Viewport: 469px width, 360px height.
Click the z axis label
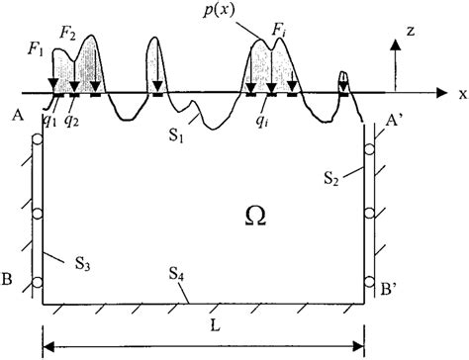(421, 34)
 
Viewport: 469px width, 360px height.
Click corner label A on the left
(17, 112)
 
